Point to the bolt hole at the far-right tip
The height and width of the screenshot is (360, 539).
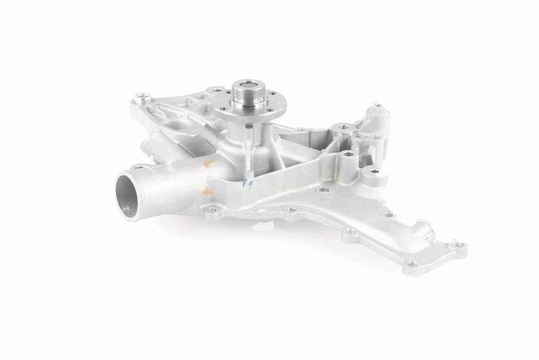(459, 245)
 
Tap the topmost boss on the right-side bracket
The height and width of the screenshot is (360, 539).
(376, 108)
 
